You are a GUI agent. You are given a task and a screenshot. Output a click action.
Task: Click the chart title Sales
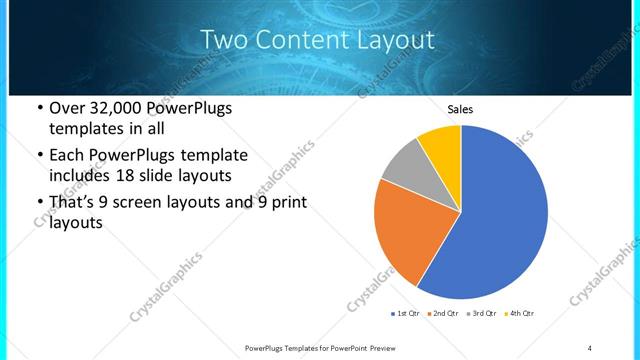click(460, 110)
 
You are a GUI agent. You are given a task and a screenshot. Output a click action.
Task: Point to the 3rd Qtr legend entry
click(483, 314)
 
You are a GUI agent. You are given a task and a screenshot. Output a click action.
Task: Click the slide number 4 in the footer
click(590, 348)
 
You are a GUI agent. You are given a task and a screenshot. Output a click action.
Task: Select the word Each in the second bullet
click(68, 156)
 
